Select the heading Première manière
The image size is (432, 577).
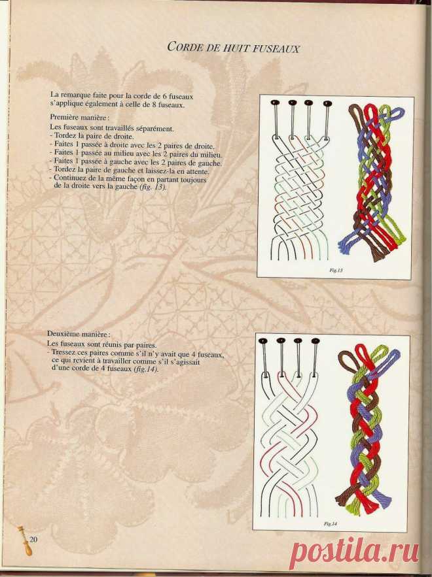(x=80, y=118)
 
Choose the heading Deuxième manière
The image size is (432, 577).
(x=79, y=334)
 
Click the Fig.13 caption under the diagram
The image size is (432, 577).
(x=336, y=270)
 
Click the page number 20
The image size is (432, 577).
(x=33, y=540)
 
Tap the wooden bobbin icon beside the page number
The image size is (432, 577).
(x=26, y=540)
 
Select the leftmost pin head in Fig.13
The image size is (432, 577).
(x=275, y=102)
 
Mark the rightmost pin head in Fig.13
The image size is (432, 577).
(x=327, y=103)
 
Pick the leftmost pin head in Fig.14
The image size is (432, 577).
(x=263, y=340)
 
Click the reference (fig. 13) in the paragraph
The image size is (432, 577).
(x=153, y=187)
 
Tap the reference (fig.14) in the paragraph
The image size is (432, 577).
(x=146, y=369)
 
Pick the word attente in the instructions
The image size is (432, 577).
(x=198, y=171)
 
